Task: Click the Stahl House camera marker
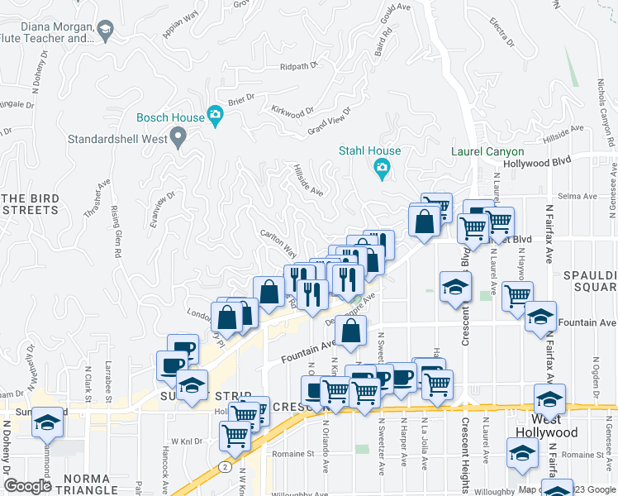point(382,169)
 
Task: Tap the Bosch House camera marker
point(216,117)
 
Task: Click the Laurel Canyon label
point(487,151)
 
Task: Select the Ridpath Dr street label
point(299,66)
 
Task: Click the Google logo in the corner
point(27,486)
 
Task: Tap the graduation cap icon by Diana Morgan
point(105,32)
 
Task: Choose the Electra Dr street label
point(502,32)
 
